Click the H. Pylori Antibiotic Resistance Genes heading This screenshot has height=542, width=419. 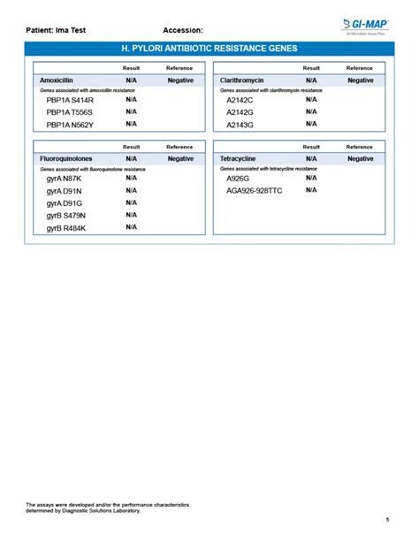coord(209,49)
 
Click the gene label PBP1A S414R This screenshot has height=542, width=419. coord(70,100)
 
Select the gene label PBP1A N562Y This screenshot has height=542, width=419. coord(70,125)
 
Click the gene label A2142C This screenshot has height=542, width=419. coord(240,100)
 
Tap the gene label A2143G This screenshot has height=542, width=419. coord(240,125)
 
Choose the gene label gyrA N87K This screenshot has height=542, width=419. coord(64,179)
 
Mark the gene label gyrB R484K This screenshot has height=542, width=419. coord(66,228)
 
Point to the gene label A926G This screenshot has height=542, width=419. coord(238,179)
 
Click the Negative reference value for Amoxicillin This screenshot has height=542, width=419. coord(180,80)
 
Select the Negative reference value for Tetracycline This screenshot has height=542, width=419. coord(360,158)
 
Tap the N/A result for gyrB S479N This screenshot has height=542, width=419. coord(131,215)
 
